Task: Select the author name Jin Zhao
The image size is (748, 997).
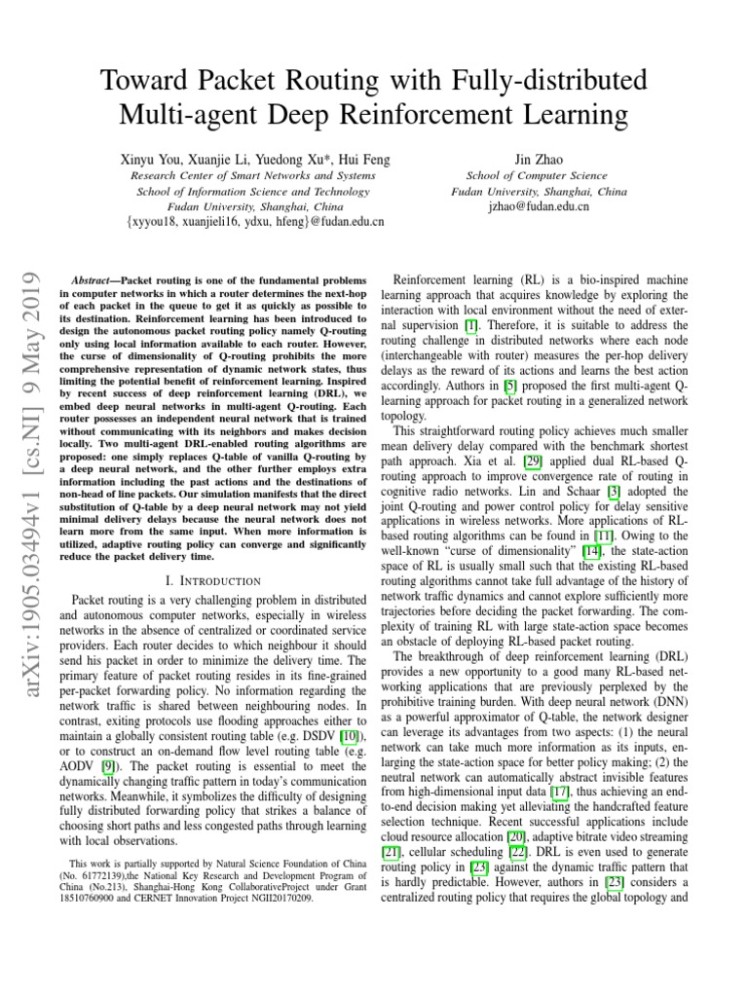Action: coord(539,158)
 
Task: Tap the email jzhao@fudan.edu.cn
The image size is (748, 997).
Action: coord(539,206)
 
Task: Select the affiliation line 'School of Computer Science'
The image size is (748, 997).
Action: coord(539,175)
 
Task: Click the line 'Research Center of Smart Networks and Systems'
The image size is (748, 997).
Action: coord(253,175)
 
